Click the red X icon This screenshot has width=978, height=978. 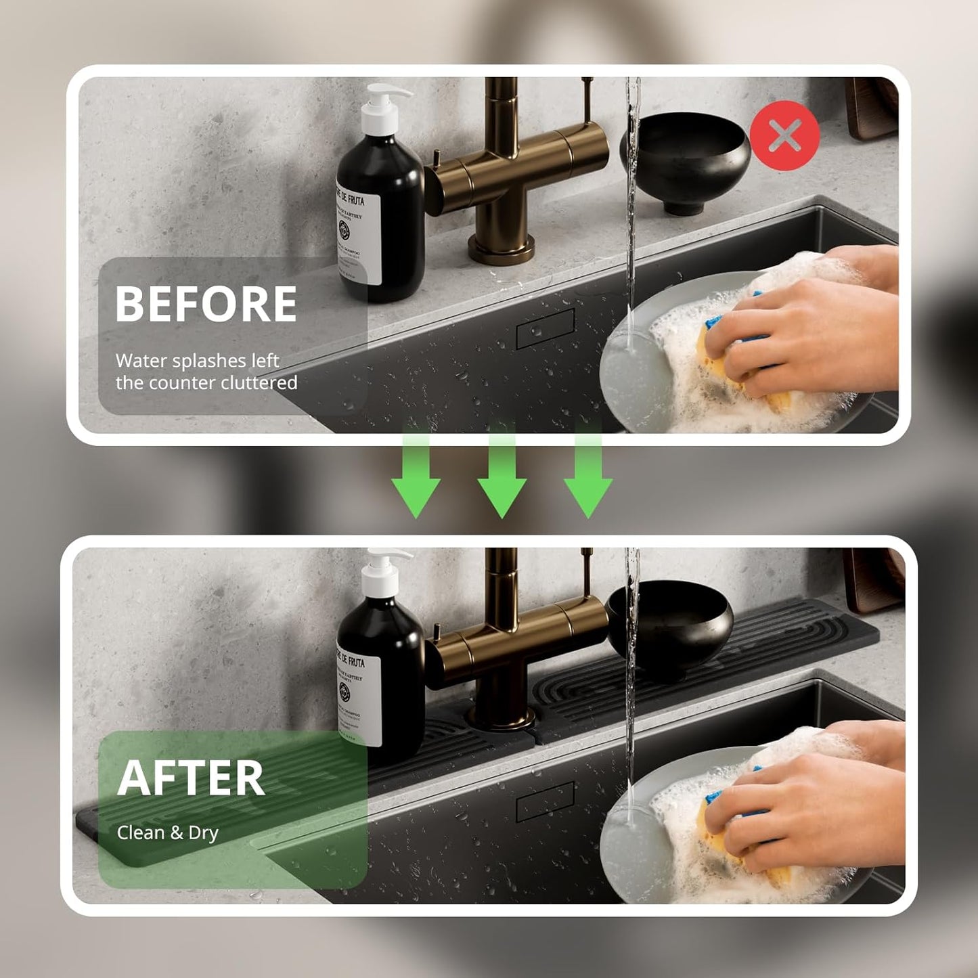click(x=784, y=135)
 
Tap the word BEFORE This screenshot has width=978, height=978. click(x=206, y=304)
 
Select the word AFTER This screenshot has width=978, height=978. click(x=191, y=778)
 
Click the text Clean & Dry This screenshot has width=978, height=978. click(x=167, y=832)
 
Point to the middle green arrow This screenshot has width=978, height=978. click(x=502, y=474)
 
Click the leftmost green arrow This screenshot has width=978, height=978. click(x=416, y=474)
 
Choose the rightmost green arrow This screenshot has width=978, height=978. click(x=587, y=474)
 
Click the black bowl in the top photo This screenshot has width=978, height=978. click(x=685, y=159)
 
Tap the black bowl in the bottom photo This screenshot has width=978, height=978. click(x=670, y=626)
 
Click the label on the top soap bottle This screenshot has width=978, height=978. click(x=359, y=234)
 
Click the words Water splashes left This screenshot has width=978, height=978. click(x=197, y=361)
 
